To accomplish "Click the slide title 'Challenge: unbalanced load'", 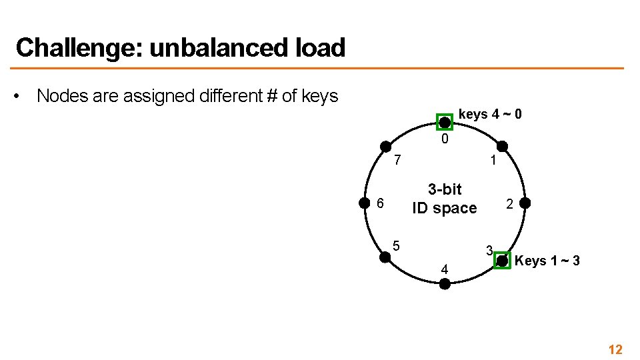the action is [180, 48].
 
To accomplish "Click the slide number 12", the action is [615, 349].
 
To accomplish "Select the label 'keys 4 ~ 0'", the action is [490, 115].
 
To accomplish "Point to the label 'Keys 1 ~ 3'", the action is [547, 261].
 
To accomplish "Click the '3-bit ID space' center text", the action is [445, 199].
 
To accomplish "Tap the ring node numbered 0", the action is [444, 122].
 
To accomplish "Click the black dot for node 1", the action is [502, 146].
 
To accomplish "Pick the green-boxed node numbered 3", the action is [502, 261].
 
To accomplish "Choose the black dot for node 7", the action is [385, 146].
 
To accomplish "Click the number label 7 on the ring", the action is [397, 161].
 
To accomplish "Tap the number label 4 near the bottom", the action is [445, 269].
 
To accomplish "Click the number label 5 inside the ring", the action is [396, 245].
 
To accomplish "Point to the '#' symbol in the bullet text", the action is [271, 96].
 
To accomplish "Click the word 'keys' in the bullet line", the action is [319, 96].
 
